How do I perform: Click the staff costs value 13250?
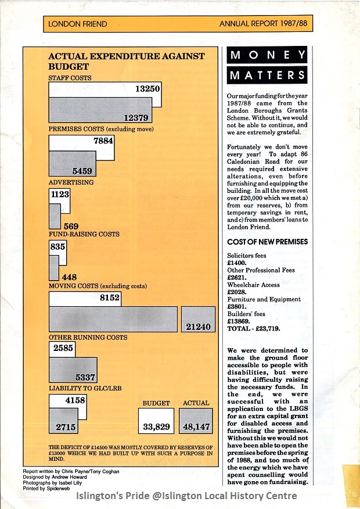point(147,89)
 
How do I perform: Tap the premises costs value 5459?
point(84,171)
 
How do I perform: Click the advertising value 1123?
point(60,195)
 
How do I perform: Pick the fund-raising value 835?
point(57,246)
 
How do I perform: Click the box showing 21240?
point(197,327)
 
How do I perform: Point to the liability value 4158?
point(75,400)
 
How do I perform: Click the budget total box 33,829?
point(156,426)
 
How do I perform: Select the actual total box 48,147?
point(196,426)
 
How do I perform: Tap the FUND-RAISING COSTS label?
point(84,234)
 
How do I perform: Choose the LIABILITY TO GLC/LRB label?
point(85,388)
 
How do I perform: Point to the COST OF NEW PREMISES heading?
point(268,242)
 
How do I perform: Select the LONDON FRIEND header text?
point(78,24)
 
